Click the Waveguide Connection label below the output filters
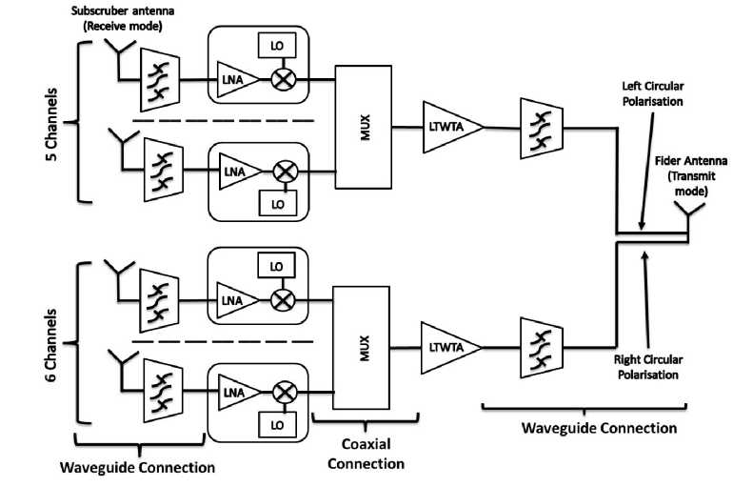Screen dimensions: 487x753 599,428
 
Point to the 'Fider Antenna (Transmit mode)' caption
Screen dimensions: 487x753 681,176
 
